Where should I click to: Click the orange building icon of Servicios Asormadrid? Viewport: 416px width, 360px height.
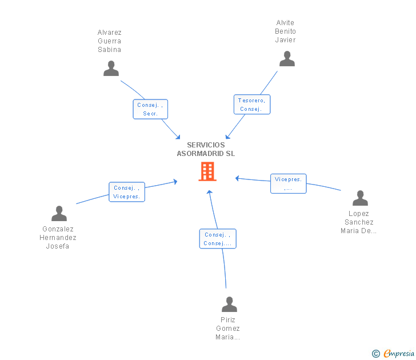[207, 171]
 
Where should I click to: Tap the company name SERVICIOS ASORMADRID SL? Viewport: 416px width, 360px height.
[206, 149]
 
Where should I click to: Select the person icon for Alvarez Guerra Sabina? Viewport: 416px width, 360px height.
[111, 69]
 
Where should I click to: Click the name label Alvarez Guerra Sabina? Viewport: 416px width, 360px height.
[109, 41]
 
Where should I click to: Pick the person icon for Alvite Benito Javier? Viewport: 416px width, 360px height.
[286, 59]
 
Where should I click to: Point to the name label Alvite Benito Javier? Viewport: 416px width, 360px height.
[285, 31]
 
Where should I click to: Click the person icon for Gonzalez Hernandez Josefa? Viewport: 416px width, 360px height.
[59, 214]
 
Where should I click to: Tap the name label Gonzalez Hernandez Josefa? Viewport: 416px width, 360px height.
[58, 238]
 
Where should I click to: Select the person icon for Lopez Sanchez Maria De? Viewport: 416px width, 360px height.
[360, 198]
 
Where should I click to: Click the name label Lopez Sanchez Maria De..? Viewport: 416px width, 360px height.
[358, 222]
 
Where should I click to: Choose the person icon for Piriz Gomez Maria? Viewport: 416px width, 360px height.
[229, 304]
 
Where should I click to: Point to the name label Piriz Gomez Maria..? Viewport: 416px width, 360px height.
[228, 329]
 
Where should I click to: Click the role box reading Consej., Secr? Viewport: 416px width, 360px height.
[150, 109]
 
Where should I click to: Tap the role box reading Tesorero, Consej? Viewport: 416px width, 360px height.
[251, 105]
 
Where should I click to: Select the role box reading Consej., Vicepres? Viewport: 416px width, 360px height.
[127, 192]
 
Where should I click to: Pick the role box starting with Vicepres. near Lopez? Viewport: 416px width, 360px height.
[288, 183]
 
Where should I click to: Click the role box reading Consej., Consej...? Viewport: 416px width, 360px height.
[218, 239]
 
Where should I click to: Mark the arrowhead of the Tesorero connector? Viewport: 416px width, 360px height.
[227, 137]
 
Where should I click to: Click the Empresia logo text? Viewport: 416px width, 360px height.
[399, 354]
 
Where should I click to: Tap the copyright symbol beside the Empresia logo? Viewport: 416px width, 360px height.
[375, 354]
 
